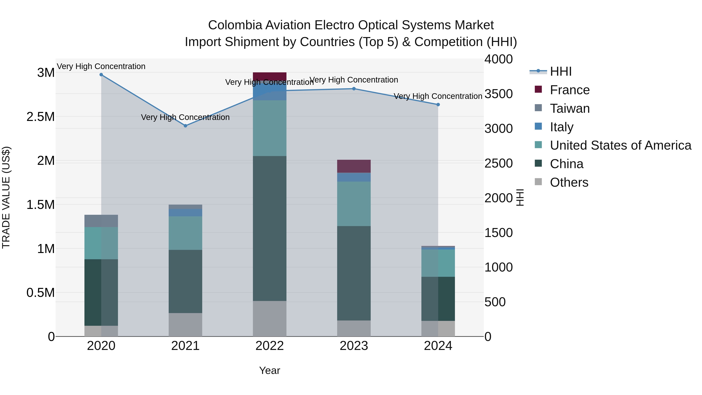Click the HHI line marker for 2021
[185, 126]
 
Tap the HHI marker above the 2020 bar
[101, 75]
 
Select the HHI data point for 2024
[438, 104]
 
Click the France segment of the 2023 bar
[354, 166]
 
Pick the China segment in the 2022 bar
[269, 228]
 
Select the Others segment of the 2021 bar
[185, 324]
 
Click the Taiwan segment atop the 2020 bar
[101, 221]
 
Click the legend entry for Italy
[561, 127]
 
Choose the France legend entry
[570, 90]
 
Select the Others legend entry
[569, 182]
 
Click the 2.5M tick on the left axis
[40, 117]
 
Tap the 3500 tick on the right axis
[498, 94]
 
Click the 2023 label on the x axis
[354, 346]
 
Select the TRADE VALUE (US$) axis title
[6, 197]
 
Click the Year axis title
[269, 370]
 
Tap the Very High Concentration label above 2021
[185, 117]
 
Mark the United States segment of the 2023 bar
[354, 204]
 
